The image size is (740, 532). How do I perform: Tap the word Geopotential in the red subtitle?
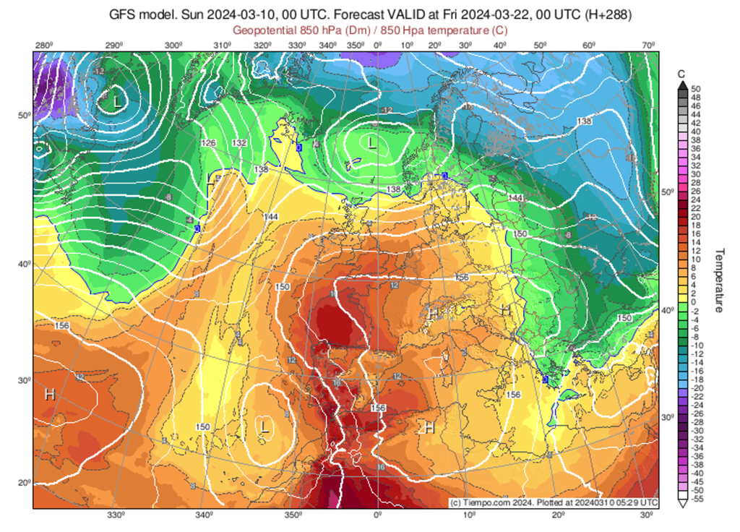[268, 30]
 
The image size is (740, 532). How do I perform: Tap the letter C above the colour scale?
[681, 74]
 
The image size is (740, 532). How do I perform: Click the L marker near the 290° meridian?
[117, 101]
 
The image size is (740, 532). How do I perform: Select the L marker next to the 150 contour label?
[264, 427]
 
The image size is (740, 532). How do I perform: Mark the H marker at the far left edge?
[49, 395]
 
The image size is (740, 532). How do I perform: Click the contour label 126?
[209, 143]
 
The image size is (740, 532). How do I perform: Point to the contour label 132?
[240, 143]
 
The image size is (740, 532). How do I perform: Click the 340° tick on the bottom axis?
[204, 515]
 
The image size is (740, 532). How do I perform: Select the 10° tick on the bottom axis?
[469, 515]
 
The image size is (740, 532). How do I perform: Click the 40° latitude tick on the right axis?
[668, 310]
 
